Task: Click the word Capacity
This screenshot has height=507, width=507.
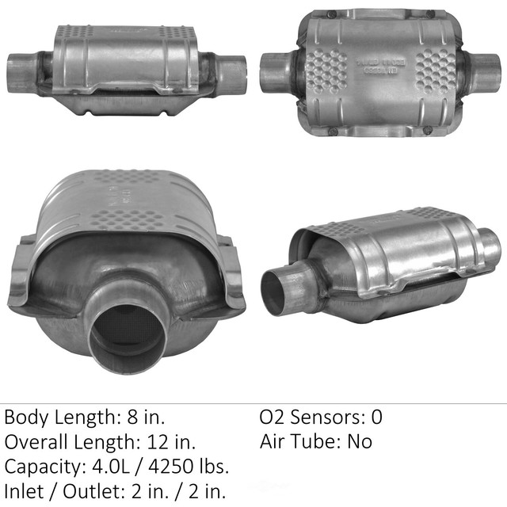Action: point(42,467)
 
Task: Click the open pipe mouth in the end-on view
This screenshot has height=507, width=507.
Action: point(127,333)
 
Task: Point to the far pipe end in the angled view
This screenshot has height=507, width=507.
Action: point(489,247)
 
